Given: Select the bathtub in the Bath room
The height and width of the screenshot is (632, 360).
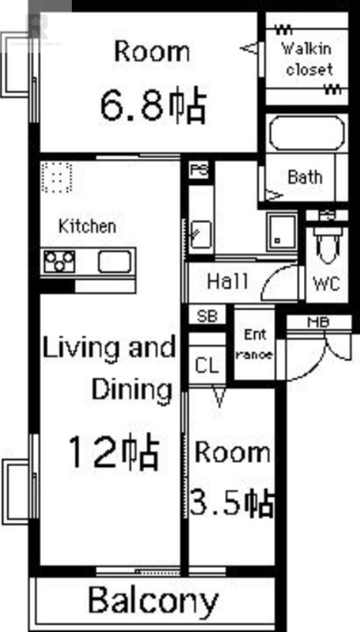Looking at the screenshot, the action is click(x=307, y=133).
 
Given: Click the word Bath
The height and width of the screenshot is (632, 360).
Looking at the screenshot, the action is click(x=305, y=177).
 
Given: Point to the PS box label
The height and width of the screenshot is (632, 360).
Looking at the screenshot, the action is click(x=199, y=171).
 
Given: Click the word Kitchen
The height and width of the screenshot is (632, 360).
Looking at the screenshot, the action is click(x=88, y=226).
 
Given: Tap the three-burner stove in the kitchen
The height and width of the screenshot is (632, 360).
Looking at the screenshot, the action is click(x=59, y=261).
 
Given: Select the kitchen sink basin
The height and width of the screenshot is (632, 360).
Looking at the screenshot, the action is click(x=114, y=261).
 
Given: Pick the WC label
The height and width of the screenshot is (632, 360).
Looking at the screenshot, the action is click(x=326, y=284).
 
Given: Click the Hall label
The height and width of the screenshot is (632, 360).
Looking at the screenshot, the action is click(x=227, y=281).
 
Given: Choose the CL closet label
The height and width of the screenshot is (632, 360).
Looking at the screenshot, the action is click(x=207, y=366).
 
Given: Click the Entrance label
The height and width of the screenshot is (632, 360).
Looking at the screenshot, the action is click(x=254, y=344).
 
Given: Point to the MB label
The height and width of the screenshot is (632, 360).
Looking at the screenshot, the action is click(x=318, y=322).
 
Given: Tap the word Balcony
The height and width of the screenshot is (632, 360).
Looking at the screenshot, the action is click(x=153, y=600).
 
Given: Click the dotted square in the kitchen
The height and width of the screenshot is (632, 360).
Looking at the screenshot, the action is click(x=56, y=177).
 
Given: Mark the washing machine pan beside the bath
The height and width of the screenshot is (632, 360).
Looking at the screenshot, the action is click(x=282, y=232).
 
